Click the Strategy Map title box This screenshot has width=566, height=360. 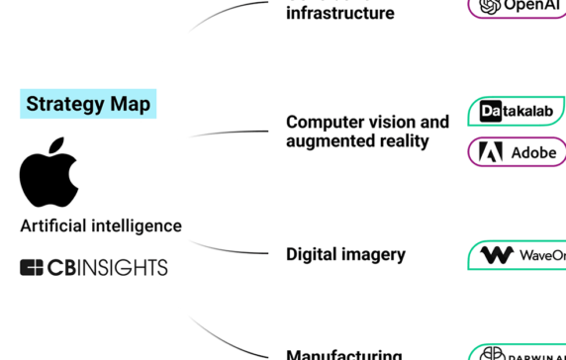(x=88, y=104)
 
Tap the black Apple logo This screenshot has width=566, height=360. (x=48, y=173)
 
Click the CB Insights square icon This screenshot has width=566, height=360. (x=32, y=267)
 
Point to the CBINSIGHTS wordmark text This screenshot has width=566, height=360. (x=108, y=267)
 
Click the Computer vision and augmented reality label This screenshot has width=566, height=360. (x=367, y=132)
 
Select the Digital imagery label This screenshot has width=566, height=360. (x=345, y=254)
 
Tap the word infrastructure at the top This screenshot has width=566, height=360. (x=339, y=14)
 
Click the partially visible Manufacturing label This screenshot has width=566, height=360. (x=343, y=354)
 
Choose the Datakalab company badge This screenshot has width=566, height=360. (x=517, y=112)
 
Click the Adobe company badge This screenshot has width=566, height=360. (x=517, y=152)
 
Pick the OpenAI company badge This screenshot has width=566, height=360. (x=517, y=6)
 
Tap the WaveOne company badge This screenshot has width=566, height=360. (x=517, y=255)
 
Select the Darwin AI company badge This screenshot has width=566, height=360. (x=517, y=353)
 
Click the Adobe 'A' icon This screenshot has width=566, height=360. (x=491, y=152)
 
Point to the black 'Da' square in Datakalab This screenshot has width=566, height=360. (x=491, y=112)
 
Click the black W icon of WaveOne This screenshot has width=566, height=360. (x=496, y=255)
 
